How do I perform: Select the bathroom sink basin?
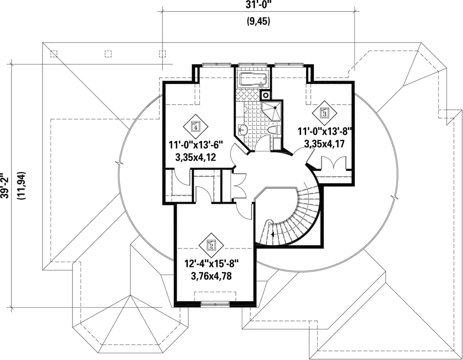243,129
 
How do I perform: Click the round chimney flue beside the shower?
266,95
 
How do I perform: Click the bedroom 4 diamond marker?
195,127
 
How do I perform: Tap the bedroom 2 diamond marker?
211,245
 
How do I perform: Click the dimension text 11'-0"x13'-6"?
195,145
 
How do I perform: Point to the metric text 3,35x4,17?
324,144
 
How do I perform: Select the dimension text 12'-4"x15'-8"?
211,263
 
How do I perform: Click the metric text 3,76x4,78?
211,276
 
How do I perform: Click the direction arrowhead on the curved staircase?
272,235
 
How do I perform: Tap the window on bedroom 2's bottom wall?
215,303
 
